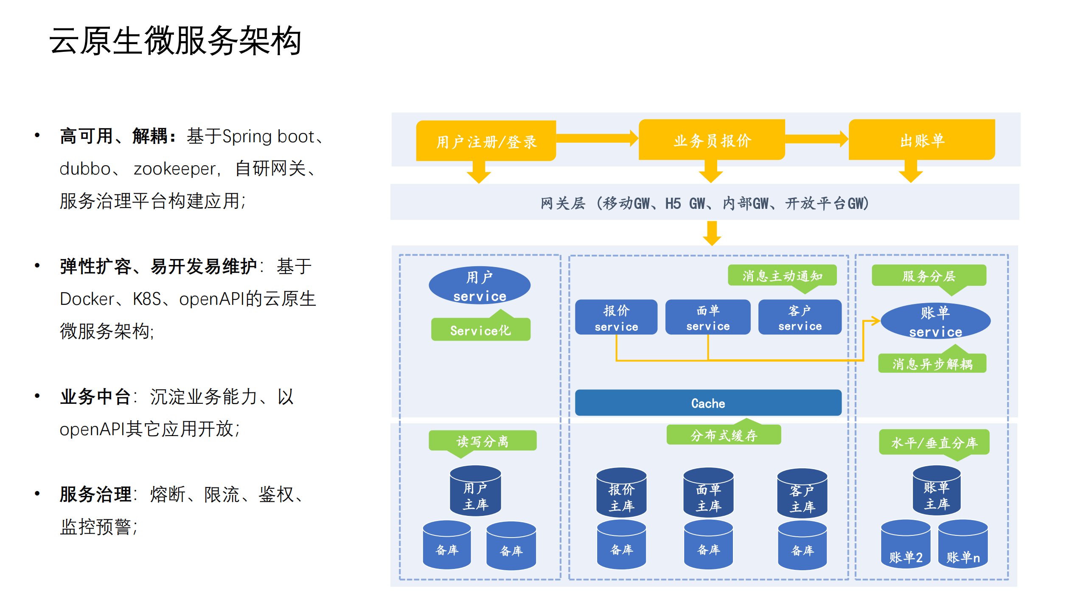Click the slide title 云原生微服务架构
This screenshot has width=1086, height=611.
[175, 41]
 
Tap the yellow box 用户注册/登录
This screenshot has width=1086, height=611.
[486, 141]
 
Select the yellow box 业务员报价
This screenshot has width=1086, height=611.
[712, 140]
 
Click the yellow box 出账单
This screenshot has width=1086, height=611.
[921, 140]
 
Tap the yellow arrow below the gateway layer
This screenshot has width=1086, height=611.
[712, 234]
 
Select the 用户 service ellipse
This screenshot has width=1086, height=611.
[480, 286]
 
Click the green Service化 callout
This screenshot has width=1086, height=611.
[480, 330]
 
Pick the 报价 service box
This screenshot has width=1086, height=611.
[616, 317]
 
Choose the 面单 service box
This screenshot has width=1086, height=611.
[707, 317]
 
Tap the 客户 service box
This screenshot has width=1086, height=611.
[800, 317]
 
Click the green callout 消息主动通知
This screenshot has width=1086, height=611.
[782, 276]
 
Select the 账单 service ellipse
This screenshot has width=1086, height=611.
[935, 321]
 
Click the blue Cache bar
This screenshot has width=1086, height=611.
[707, 403]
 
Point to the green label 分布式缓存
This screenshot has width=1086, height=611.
[723, 435]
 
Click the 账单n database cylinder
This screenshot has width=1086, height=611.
[963, 546]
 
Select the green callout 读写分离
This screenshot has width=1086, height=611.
[482, 441]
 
